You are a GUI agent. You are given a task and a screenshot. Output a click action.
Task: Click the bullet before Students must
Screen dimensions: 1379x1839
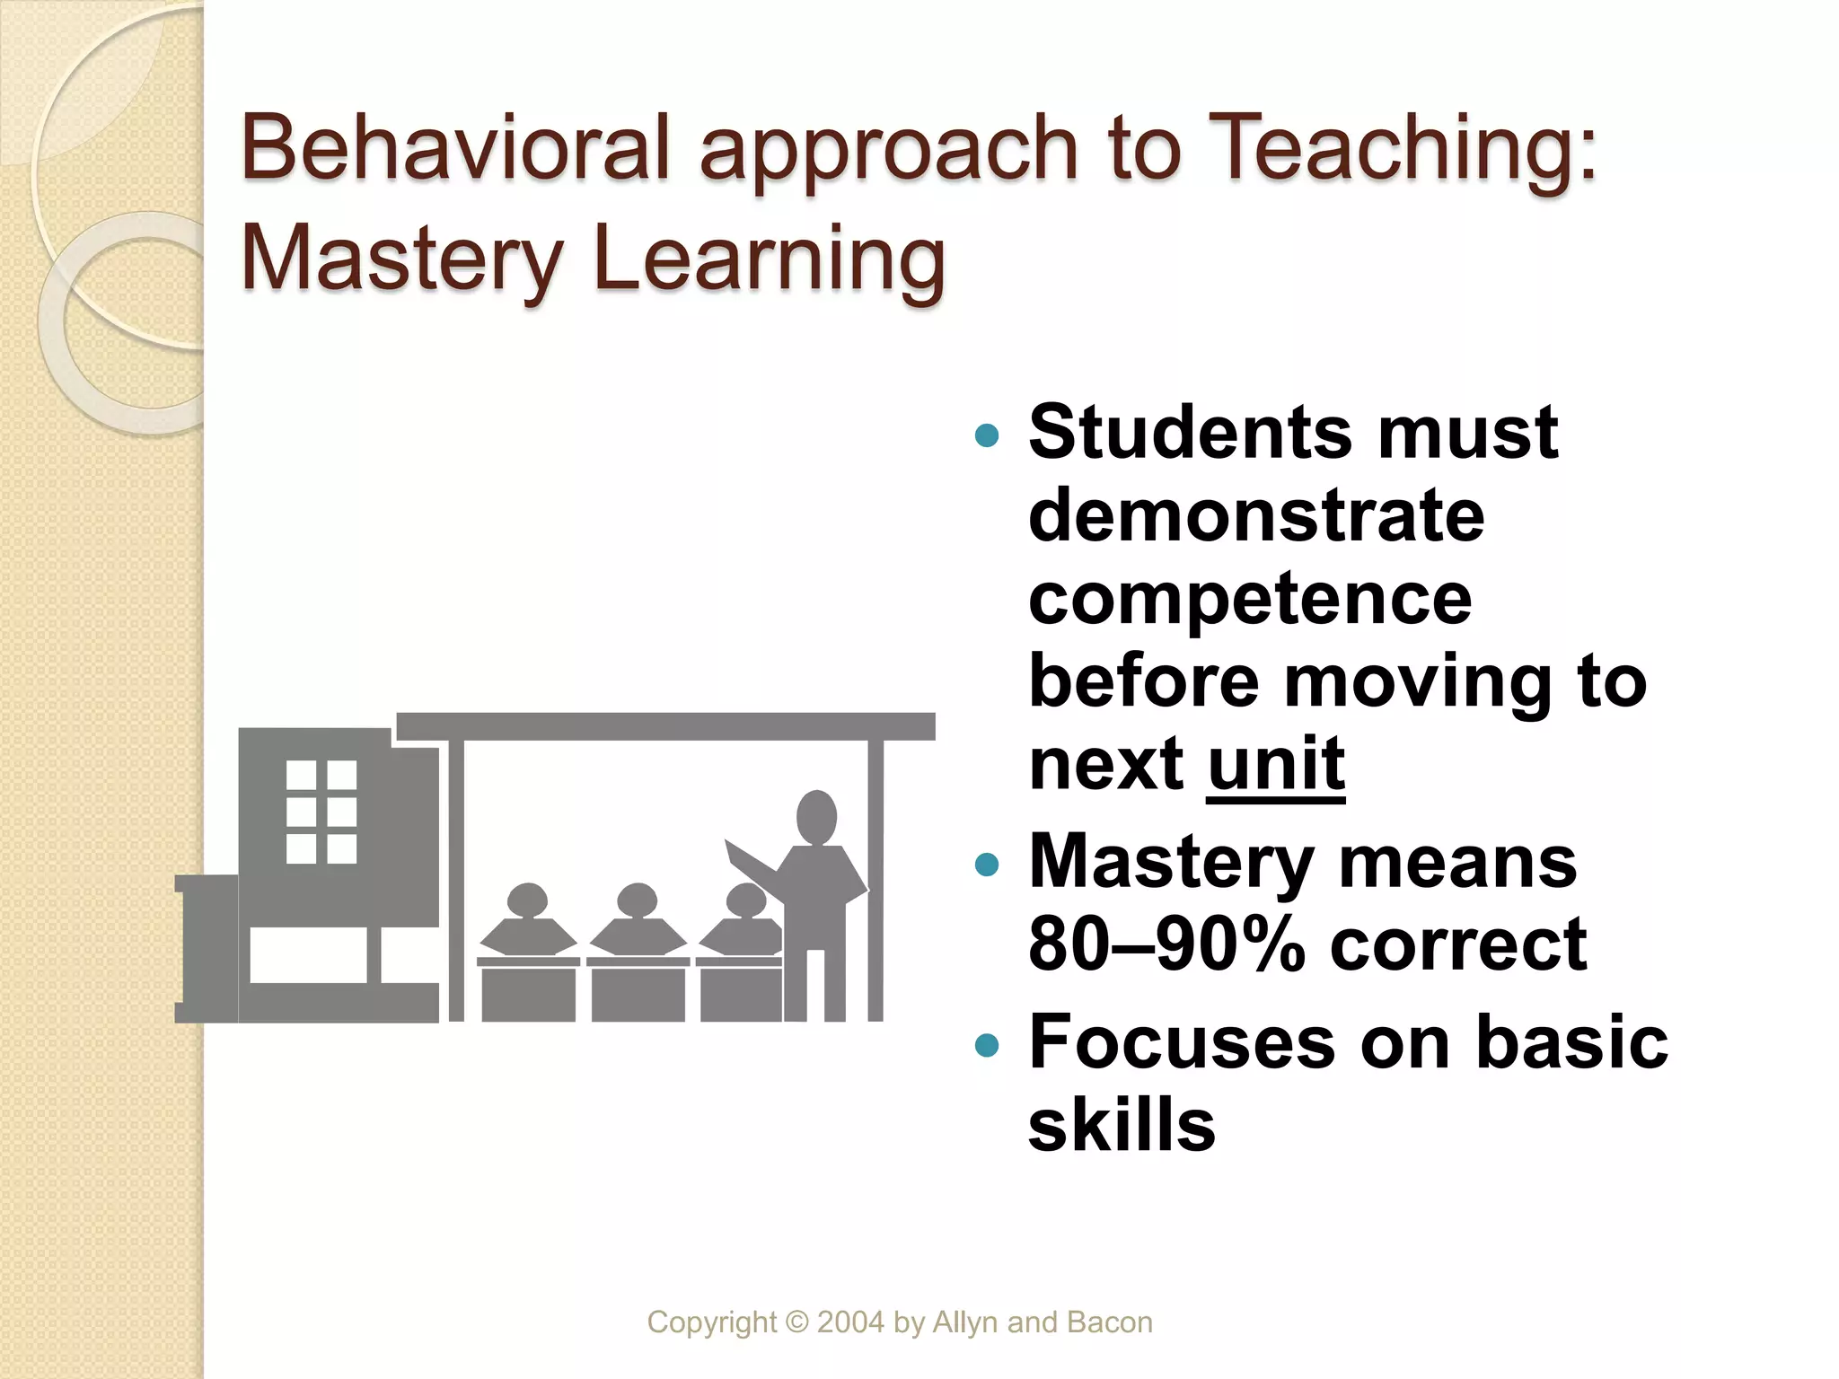[986, 436]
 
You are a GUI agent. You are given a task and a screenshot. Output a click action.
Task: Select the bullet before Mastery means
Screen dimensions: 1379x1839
[986, 865]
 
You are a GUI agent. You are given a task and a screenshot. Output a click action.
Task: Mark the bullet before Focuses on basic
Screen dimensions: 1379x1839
[986, 1045]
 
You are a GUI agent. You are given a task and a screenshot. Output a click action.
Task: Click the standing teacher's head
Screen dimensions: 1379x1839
[816, 817]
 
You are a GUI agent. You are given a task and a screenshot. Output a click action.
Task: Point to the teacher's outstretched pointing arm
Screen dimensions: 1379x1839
[752, 863]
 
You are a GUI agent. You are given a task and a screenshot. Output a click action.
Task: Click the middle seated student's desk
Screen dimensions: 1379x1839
[638, 991]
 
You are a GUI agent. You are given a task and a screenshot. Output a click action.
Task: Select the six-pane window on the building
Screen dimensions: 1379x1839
[321, 812]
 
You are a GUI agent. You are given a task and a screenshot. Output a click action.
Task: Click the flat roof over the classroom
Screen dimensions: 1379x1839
[665, 726]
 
